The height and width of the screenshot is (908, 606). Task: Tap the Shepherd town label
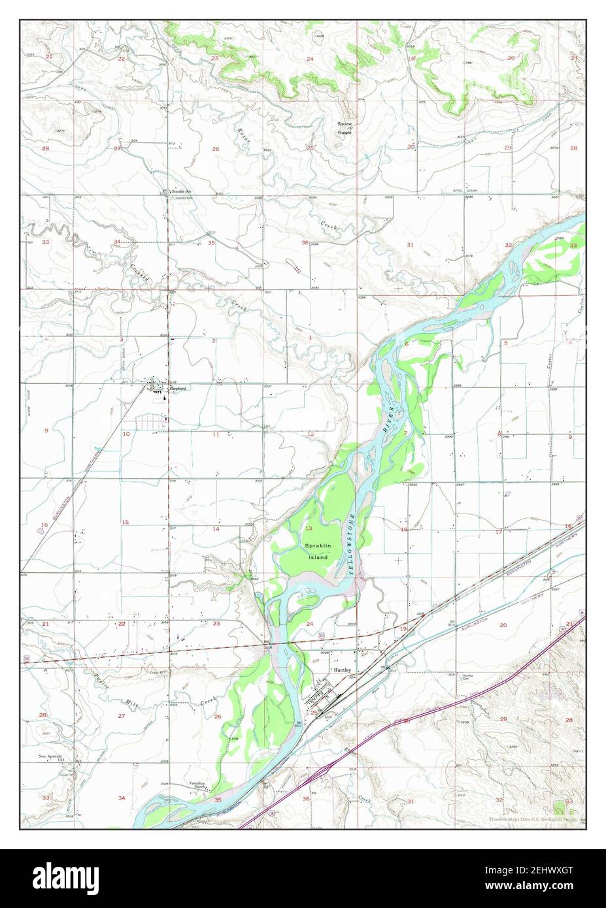pos(178,388)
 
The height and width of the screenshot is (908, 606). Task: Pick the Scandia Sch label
pos(181,191)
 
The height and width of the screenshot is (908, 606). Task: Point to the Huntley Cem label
pos(467,677)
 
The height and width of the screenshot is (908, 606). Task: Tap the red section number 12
pos(311,434)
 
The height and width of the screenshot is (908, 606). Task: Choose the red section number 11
pos(215,434)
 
